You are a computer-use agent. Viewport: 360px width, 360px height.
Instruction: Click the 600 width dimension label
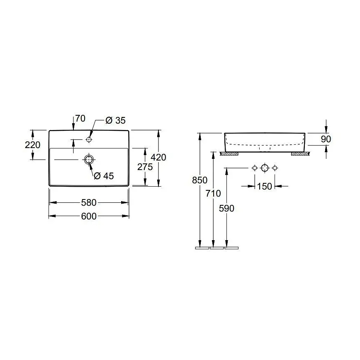click(89, 216)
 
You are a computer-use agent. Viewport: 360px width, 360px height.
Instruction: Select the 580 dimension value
click(89, 202)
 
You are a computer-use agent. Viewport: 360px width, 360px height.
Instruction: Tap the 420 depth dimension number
click(158, 158)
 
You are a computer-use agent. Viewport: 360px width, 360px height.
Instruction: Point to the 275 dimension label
click(145, 167)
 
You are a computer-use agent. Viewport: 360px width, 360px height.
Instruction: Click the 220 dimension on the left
click(33, 145)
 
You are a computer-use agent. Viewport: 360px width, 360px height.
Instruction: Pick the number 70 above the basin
click(80, 119)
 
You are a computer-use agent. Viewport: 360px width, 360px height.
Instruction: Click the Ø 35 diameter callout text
click(115, 120)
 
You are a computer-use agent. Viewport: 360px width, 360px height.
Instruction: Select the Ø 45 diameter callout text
click(104, 176)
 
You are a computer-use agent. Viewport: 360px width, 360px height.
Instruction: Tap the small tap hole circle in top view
click(89, 139)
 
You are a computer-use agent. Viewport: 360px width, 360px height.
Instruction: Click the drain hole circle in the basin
click(89, 159)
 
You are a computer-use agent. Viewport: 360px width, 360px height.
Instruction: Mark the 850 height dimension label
click(200, 180)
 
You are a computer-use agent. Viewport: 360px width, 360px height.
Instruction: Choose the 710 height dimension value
click(213, 193)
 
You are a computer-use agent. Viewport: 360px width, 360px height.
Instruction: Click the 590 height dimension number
click(226, 208)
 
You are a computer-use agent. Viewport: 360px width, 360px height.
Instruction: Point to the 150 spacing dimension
click(264, 186)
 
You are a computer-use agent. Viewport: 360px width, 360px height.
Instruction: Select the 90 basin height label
click(326, 139)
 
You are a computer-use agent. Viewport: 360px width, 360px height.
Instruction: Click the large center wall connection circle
click(265, 168)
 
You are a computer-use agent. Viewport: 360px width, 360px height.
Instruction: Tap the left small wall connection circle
click(255, 168)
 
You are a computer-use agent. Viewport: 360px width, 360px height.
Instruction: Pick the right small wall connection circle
click(275, 168)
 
